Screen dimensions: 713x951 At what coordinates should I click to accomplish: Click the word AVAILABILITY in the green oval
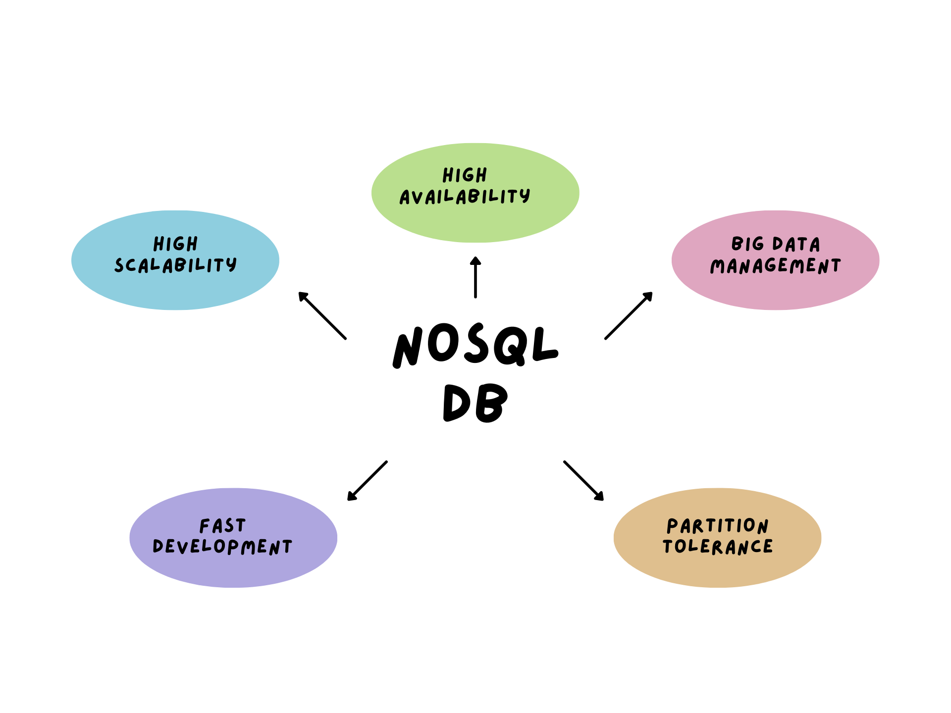click(x=465, y=197)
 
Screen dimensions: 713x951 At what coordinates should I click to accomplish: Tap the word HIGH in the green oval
click(x=465, y=175)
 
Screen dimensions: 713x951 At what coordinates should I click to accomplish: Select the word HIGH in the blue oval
click(x=175, y=244)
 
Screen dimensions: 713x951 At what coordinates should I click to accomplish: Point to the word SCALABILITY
click(x=175, y=265)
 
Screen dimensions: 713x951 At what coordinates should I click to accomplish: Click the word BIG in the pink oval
click(x=747, y=244)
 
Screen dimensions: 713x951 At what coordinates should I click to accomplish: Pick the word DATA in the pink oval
click(x=796, y=244)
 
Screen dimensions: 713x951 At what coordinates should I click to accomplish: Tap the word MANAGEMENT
click(x=775, y=266)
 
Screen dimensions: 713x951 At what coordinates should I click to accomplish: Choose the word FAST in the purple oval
click(x=222, y=525)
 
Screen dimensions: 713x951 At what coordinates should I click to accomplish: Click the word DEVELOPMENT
click(x=222, y=547)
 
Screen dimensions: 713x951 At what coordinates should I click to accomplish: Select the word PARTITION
click(x=717, y=525)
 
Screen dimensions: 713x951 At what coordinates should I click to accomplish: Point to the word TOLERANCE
click(x=717, y=547)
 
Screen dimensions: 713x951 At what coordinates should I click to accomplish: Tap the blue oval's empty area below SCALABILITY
click(x=175, y=292)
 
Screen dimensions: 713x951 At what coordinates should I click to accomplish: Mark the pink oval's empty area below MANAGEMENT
click(x=776, y=292)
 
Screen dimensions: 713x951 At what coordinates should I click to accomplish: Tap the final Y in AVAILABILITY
click(x=525, y=196)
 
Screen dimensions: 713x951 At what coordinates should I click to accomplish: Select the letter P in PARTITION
click(x=672, y=525)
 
